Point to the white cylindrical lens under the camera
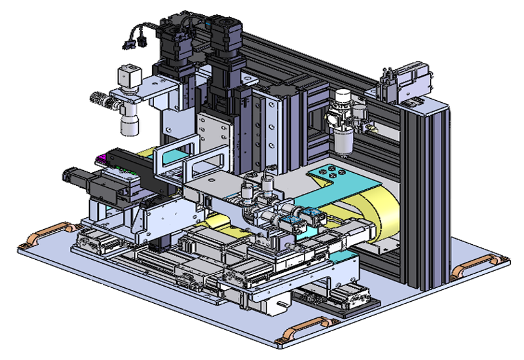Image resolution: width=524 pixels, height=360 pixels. click(x=129, y=121)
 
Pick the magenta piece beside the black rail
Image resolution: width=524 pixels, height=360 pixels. click(x=103, y=158)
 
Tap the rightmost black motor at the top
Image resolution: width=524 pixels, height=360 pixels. click(x=226, y=36)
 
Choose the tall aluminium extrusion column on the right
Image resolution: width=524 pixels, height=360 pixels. click(x=432, y=196)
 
